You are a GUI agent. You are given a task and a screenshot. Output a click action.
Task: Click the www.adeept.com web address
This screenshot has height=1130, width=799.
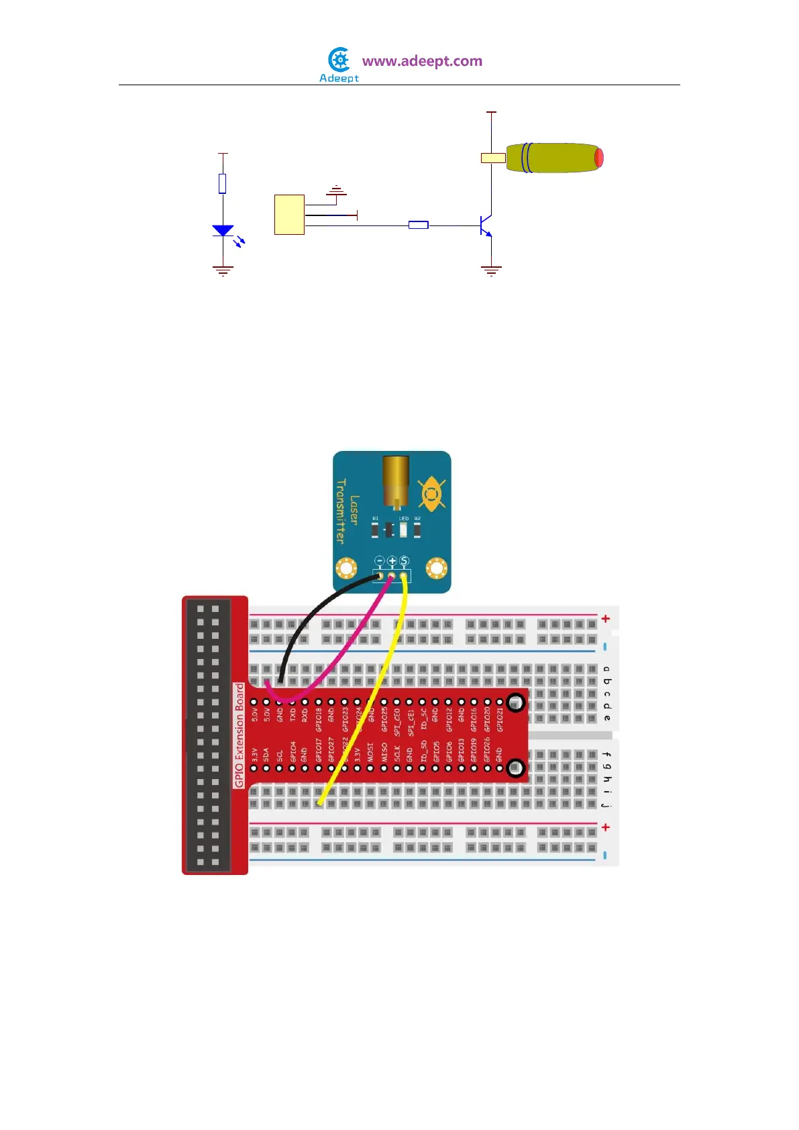pos(422,61)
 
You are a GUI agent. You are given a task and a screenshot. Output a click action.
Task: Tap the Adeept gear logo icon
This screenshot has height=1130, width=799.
pos(340,60)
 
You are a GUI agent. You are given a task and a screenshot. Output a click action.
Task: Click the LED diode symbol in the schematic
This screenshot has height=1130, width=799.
pos(223,231)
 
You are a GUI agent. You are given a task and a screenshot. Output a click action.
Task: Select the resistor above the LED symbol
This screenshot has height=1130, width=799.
pos(223,183)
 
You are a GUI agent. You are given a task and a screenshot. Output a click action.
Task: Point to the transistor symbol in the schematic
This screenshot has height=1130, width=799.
pos(486,226)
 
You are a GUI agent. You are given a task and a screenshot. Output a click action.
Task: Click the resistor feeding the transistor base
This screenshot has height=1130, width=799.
pos(419,225)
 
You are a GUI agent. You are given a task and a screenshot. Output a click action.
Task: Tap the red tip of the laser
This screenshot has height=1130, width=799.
pos(599,158)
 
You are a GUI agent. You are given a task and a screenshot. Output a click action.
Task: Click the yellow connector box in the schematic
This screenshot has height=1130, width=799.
pos(290,215)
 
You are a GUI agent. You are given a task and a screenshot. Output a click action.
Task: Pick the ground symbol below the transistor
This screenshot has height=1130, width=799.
pos(491,271)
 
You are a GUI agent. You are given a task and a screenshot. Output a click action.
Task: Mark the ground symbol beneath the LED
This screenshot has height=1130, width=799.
pos(223,271)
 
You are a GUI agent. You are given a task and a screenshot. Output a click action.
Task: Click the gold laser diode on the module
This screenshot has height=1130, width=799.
pos(396,480)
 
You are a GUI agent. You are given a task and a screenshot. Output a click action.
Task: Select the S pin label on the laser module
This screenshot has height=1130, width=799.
pos(405,560)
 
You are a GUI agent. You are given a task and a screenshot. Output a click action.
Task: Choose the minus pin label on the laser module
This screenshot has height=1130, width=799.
pos(380,560)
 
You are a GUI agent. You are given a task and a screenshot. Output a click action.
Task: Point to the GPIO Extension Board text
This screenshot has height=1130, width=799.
pos(239,735)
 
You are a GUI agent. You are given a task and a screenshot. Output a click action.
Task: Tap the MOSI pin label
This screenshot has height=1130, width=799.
pos(370,752)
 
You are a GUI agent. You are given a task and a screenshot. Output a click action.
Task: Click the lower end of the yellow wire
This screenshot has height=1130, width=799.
pos(320,802)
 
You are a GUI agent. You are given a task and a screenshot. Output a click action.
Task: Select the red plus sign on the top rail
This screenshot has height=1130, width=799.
pos(606,618)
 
